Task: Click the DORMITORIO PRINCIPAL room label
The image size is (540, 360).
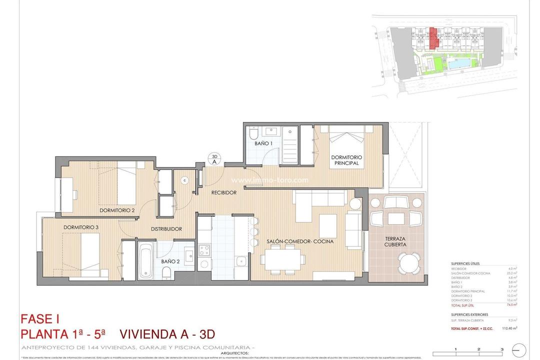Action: tap(346, 160)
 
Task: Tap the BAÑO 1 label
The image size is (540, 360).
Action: tap(263, 144)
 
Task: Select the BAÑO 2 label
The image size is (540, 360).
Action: tap(170, 261)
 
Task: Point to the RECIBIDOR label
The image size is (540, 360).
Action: tap(223, 192)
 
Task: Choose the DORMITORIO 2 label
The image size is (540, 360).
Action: tap(117, 210)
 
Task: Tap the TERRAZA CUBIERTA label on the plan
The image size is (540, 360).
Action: tap(395, 242)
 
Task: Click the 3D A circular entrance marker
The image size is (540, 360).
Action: tap(214, 158)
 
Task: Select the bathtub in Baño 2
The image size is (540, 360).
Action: tap(146, 260)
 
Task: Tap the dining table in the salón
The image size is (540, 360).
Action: tap(282, 259)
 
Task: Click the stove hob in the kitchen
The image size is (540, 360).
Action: tap(204, 249)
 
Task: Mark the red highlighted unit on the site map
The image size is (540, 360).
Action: tap(434, 38)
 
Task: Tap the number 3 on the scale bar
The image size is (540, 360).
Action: tap(501, 349)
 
